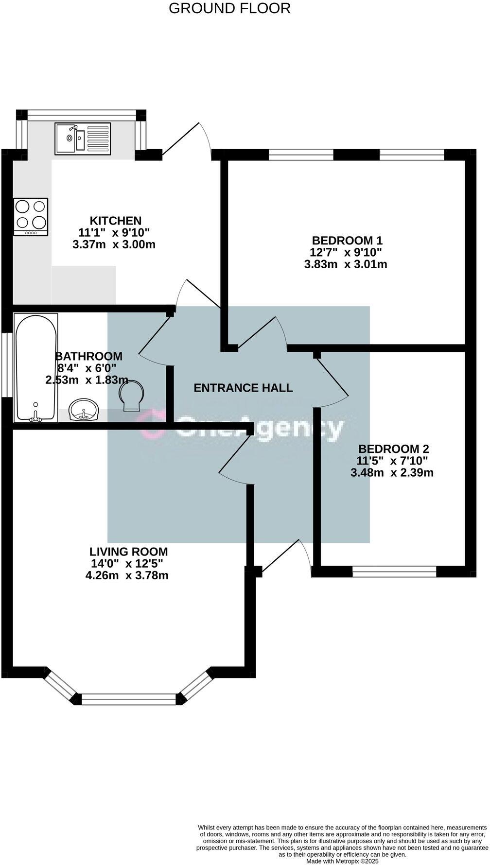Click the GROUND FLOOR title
click(229, 8)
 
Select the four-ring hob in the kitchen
click(31, 217)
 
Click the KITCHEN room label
click(116, 221)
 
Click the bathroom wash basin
click(85, 410)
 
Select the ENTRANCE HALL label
click(243, 388)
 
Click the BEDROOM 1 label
click(347, 241)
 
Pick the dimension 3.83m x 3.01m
click(346, 265)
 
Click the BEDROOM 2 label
click(393, 449)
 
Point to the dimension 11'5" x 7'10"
click(392, 461)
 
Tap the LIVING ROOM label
click(129, 552)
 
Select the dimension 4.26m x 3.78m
click(127, 576)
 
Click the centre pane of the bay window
click(128, 699)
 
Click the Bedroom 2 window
click(394, 572)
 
